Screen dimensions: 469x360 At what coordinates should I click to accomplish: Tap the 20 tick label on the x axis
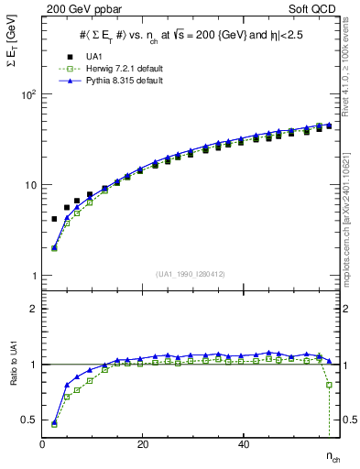(143, 444)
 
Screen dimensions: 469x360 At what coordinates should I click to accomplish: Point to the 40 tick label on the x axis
(243, 444)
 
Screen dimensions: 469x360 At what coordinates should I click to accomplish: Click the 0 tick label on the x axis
(43, 444)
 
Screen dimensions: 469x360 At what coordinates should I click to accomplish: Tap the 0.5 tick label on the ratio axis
(31, 420)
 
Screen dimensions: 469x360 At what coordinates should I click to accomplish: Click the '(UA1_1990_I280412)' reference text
(191, 274)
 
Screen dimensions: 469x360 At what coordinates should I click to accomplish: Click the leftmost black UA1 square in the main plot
(54, 219)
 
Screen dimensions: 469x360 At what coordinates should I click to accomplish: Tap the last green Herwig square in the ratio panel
(329, 385)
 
